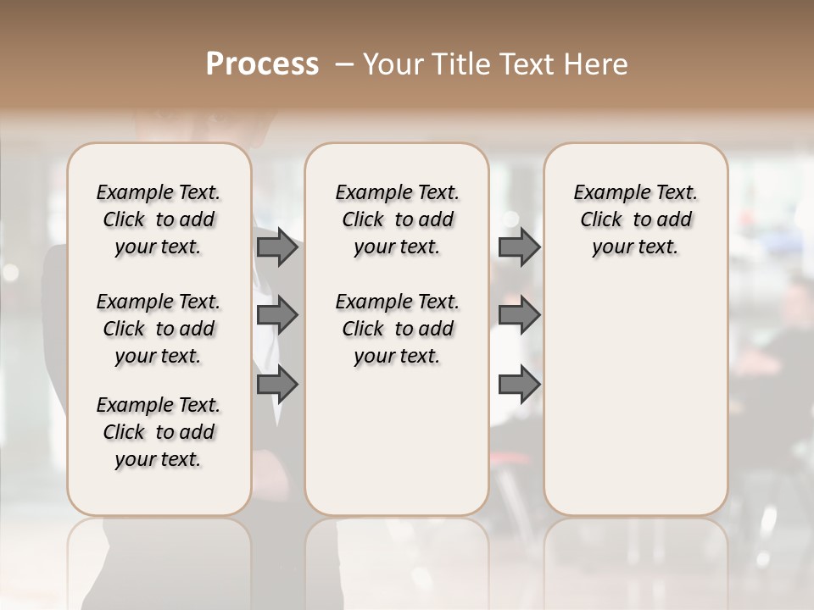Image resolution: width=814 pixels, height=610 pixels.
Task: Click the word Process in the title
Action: [262, 64]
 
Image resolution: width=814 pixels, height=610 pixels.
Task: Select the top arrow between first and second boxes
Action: [276, 247]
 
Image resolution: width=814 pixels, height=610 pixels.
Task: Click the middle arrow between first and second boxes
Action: [276, 315]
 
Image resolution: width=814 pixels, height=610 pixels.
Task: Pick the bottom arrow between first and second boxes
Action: [276, 385]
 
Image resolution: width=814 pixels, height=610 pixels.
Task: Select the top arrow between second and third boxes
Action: [519, 247]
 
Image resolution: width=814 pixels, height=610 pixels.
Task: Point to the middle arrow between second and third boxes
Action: [519, 315]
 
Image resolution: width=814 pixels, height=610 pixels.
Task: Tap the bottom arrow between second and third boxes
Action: [519, 385]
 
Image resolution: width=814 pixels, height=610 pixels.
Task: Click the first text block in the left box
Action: [159, 219]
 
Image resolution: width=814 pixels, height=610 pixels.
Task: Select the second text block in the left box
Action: [159, 329]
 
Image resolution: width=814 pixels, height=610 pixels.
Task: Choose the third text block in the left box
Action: [159, 432]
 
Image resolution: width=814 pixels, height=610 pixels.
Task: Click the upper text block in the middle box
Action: [397, 219]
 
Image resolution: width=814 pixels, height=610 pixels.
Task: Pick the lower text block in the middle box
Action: [397, 329]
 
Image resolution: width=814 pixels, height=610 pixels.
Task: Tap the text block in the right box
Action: [635, 219]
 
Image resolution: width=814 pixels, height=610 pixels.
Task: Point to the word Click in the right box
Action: [601, 220]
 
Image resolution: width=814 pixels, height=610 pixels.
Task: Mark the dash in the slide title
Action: [344, 64]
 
